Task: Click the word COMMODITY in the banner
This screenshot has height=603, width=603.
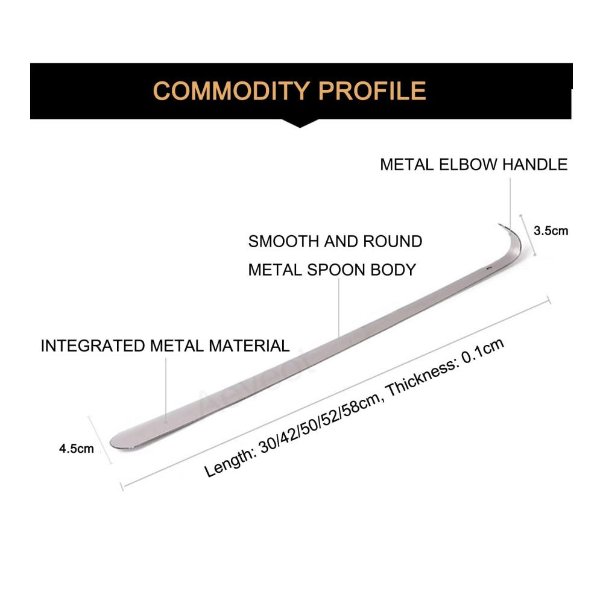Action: click(232, 91)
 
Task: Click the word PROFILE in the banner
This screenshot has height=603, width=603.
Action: click(372, 91)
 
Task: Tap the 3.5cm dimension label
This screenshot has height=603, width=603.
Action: click(551, 231)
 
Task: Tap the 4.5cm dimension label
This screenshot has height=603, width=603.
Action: click(76, 449)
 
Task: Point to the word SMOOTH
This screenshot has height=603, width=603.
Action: click(283, 242)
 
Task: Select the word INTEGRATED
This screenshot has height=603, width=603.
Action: click(92, 346)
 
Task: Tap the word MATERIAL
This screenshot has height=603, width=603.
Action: click(249, 346)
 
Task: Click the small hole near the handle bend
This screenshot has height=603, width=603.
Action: click(489, 269)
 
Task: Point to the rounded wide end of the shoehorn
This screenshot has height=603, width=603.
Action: click(115, 441)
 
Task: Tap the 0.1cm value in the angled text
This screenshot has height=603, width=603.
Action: click(482, 350)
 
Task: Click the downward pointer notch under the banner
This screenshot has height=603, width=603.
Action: click(300, 123)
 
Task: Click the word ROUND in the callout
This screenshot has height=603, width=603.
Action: click(393, 242)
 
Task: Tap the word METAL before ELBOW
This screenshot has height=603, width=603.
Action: click(407, 165)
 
